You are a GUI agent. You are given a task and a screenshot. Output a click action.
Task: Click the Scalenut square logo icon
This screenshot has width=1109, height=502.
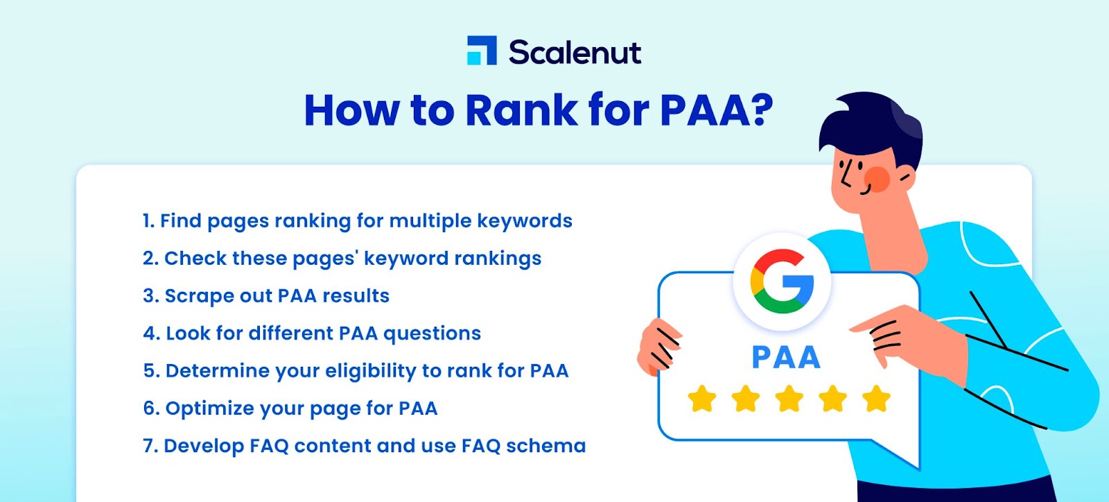[482, 50]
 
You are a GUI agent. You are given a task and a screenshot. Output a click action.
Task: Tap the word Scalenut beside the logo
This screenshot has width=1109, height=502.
[575, 52]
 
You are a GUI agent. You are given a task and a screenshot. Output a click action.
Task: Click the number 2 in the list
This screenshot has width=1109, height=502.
[148, 258]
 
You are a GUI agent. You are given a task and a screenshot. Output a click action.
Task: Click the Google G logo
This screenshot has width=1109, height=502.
[782, 282]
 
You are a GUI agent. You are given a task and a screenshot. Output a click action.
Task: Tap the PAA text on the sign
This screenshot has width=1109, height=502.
[786, 357]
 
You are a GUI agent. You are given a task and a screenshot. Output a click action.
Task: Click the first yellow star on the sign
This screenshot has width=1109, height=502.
[702, 399]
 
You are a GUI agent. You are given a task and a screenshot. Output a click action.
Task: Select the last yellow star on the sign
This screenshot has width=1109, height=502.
[876, 399]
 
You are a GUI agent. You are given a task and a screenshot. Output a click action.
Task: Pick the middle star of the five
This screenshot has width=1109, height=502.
[789, 399]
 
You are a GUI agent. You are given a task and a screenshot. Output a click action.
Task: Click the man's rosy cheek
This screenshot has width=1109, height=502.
[877, 179]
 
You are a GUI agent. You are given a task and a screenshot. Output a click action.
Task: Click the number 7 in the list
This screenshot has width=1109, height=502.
[148, 446]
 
